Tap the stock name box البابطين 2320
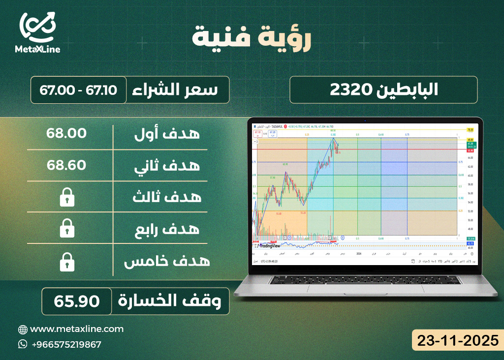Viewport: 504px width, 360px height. (383, 90)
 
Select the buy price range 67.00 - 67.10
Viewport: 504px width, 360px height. (79, 90)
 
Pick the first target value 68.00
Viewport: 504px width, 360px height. (67, 133)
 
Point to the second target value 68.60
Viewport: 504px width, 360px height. (67, 165)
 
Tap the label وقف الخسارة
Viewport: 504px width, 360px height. (173, 301)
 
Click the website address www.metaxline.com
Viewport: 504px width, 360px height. (77, 329)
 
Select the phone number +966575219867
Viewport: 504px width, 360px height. (66, 344)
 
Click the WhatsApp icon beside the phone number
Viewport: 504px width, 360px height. (23, 344)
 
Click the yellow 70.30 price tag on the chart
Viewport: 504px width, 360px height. (470, 130)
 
